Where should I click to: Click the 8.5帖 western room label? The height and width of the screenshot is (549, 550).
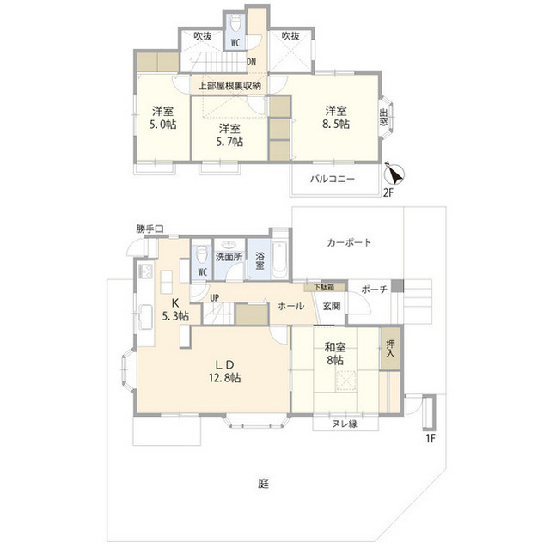pyautogui.click(x=336, y=117)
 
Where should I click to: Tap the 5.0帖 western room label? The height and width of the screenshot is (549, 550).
pyautogui.click(x=159, y=117)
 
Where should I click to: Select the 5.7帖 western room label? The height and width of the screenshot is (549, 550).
pyautogui.click(x=223, y=135)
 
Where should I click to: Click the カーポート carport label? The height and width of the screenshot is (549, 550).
pyautogui.click(x=349, y=242)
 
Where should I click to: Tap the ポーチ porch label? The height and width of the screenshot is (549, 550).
pyautogui.click(x=374, y=289)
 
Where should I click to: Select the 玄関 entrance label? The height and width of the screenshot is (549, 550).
pyautogui.click(x=332, y=305)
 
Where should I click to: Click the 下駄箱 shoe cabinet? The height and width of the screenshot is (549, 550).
pyautogui.click(x=324, y=287)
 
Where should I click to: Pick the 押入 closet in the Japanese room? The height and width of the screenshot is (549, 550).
pyautogui.click(x=390, y=348)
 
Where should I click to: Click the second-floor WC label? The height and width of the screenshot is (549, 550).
pyautogui.click(x=234, y=41)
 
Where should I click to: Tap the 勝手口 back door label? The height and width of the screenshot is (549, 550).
pyautogui.click(x=149, y=229)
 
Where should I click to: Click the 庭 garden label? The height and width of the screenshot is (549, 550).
pyautogui.click(x=263, y=483)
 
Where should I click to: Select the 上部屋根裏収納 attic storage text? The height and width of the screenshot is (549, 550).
pyautogui.click(x=229, y=86)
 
